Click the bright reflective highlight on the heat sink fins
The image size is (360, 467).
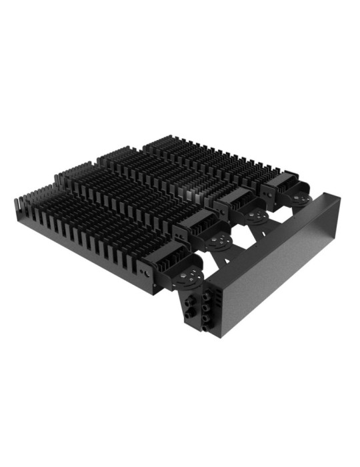point(193,193)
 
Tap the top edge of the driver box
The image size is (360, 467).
point(267,227)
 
